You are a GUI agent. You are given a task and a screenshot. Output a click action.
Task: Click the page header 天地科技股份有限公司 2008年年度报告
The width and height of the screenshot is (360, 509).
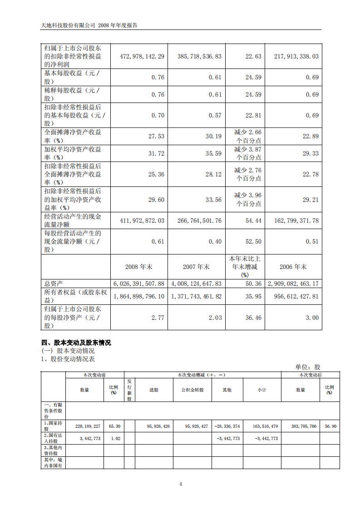click(89, 25)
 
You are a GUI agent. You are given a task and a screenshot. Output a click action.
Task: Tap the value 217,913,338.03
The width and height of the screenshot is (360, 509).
click(296, 56)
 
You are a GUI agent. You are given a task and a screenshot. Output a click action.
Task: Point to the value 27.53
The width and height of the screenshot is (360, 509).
click(156, 136)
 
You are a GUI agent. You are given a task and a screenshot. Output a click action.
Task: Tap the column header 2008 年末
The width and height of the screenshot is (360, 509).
click(138, 267)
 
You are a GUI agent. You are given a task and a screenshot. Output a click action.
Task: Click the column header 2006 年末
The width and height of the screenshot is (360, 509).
click(293, 267)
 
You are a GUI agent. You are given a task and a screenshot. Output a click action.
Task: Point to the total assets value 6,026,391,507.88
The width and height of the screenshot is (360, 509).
click(139, 284)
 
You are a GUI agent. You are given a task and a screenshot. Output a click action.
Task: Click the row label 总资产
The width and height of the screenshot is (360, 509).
click(54, 284)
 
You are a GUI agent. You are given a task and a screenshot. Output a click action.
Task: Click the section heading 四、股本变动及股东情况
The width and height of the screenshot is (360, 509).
click(76, 343)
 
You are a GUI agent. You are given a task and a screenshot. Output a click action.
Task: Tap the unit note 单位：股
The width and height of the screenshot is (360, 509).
click(308, 367)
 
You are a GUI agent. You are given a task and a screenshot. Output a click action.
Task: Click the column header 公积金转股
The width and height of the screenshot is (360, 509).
click(192, 390)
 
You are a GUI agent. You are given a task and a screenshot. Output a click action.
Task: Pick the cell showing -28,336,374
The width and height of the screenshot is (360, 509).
click(227, 426)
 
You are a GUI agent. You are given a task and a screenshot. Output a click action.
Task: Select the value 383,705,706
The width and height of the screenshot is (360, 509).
click(301, 426)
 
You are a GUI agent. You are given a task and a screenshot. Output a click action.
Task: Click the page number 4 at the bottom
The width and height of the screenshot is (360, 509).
click(181, 484)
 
